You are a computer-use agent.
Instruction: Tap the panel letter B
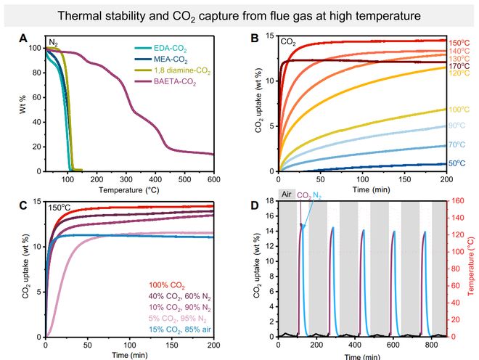click(255, 38)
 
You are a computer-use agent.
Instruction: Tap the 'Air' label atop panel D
click(287, 194)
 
